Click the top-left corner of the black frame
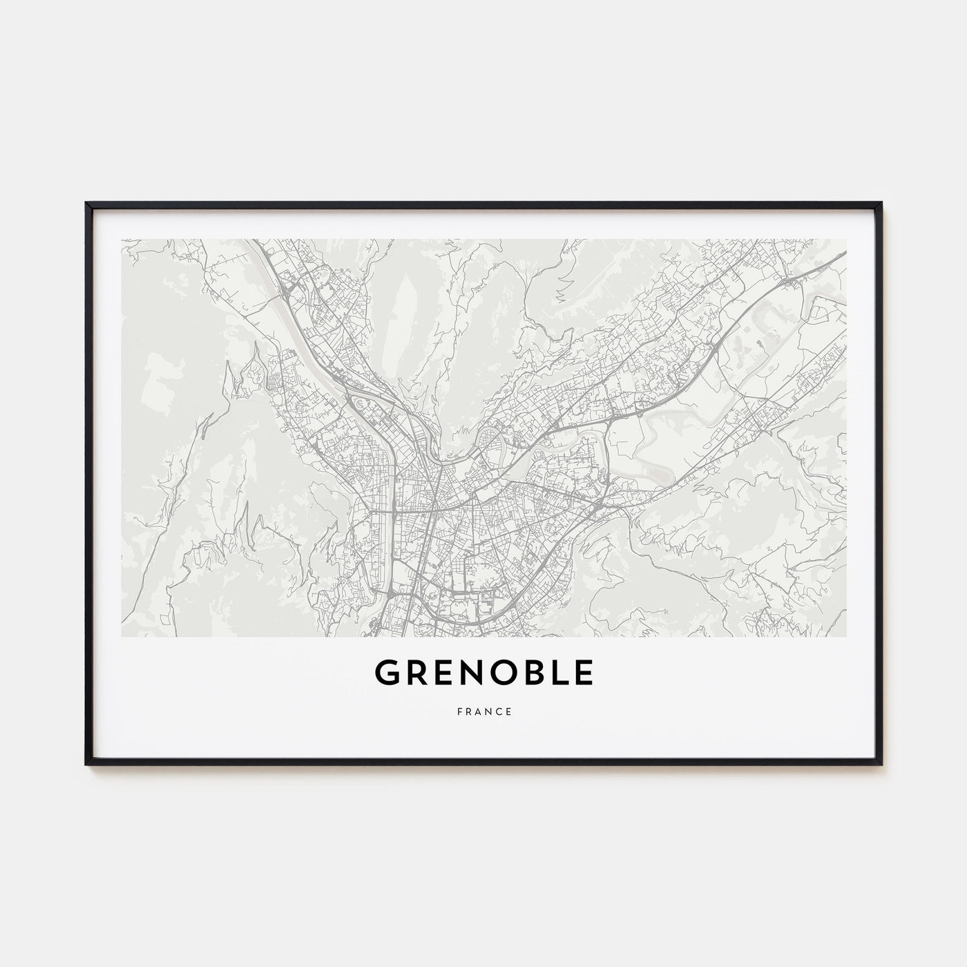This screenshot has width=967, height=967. (x=86, y=203)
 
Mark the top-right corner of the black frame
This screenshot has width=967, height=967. (x=881, y=203)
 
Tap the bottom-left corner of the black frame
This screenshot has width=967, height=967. (x=86, y=764)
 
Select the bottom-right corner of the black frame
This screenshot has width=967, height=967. (x=881, y=764)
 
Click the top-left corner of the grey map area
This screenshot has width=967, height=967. (x=122, y=240)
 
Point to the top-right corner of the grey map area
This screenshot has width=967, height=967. (x=846, y=240)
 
